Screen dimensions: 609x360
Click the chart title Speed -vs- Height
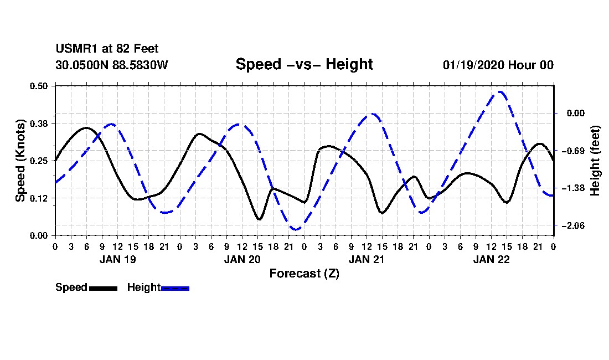(304, 64)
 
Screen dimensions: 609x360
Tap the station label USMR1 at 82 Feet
(107, 49)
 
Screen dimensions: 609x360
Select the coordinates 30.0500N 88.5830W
(111, 65)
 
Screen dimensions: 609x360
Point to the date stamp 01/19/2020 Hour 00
(498, 65)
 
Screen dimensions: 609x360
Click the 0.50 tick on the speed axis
(39, 86)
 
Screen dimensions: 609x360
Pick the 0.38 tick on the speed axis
(39, 124)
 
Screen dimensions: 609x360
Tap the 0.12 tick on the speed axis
(39, 198)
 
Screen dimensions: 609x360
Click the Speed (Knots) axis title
(20, 161)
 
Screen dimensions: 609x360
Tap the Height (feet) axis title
(595, 161)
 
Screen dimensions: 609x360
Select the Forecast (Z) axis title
(304, 274)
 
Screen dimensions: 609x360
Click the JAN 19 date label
(118, 259)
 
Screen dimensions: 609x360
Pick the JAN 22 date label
(491, 259)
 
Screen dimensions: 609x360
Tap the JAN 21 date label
(367, 259)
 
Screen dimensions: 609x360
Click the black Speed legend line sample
(104, 288)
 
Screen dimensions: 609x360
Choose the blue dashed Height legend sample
(175, 288)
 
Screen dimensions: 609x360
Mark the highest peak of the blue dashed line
(500, 92)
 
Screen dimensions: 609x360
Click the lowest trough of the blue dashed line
(296, 229)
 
